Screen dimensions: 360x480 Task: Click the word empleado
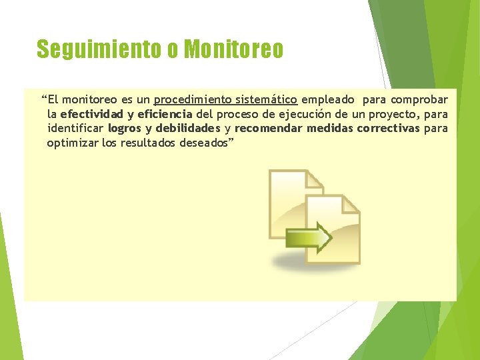(x=327, y=100)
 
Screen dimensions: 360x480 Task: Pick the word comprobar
(x=419, y=100)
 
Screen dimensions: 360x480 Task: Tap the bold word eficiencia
(x=165, y=114)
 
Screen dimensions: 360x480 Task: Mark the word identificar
(x=75, y=128)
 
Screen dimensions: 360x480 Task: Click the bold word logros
(x=125, y=128)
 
